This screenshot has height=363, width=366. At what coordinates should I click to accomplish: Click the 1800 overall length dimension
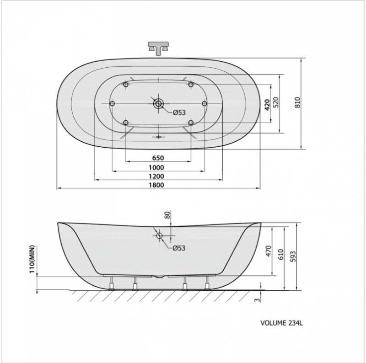tap(156, 185)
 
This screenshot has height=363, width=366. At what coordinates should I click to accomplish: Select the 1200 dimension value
tap(156, 176)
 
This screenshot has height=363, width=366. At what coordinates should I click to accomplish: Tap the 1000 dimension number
tap(156, 167)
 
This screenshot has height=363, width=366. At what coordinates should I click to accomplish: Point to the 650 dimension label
tap(158, 158)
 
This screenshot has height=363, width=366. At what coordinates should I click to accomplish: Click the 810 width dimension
tap(297, 102)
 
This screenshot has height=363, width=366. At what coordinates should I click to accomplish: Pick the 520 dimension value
tap(276, 102)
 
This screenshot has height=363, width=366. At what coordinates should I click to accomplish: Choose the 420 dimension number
tap(267, 105)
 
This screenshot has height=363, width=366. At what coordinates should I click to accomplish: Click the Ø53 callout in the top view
tap(179, 112)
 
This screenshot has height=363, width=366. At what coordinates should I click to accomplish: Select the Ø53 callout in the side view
tap(179, 248)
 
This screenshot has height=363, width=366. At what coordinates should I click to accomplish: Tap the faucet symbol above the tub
tap(158, 48)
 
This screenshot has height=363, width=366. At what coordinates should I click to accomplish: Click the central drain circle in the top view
tap(158, 103)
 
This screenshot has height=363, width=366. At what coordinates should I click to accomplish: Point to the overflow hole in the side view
tap(159, 235)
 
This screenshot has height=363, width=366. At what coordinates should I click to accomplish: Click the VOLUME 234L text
tap(281, 323)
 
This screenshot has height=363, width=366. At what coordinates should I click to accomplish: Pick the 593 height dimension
tap(293, 256)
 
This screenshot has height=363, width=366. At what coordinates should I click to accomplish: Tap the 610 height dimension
tap(281, 254)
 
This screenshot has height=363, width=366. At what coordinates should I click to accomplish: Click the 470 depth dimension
tap(269, 251)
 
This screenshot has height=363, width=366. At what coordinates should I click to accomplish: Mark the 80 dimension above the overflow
tap(167, 215)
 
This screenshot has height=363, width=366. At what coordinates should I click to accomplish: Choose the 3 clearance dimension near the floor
tap(257, 299)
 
